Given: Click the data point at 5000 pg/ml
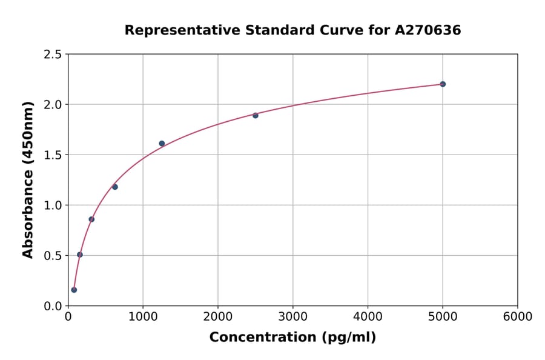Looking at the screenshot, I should tap(443, 84).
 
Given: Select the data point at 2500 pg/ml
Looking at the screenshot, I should tap(256, 115).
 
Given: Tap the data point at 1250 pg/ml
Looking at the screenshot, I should tap(162, 144).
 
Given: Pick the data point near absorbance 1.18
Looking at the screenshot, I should tap(115, 187).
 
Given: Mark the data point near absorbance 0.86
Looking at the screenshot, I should tap(91, 219).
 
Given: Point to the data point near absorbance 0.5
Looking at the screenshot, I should tap(80, 255).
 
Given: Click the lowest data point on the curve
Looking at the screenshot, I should tap(74, 290).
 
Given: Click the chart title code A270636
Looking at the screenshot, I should tap(428, 30).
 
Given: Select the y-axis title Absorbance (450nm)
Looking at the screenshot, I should tap(28, 179).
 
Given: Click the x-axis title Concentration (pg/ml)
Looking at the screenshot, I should tap(292, 338).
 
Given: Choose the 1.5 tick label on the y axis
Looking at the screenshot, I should tap(53, 155).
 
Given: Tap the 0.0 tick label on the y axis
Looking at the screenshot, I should tap(53, 306).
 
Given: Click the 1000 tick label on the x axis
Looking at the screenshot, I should tap(143, 317).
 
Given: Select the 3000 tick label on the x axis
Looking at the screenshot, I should tap(292, 317).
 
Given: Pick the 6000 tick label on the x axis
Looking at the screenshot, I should tap(517, 317).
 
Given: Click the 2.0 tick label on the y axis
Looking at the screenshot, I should tap(53, 105).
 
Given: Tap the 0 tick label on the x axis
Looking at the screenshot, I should tap(68, 317).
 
